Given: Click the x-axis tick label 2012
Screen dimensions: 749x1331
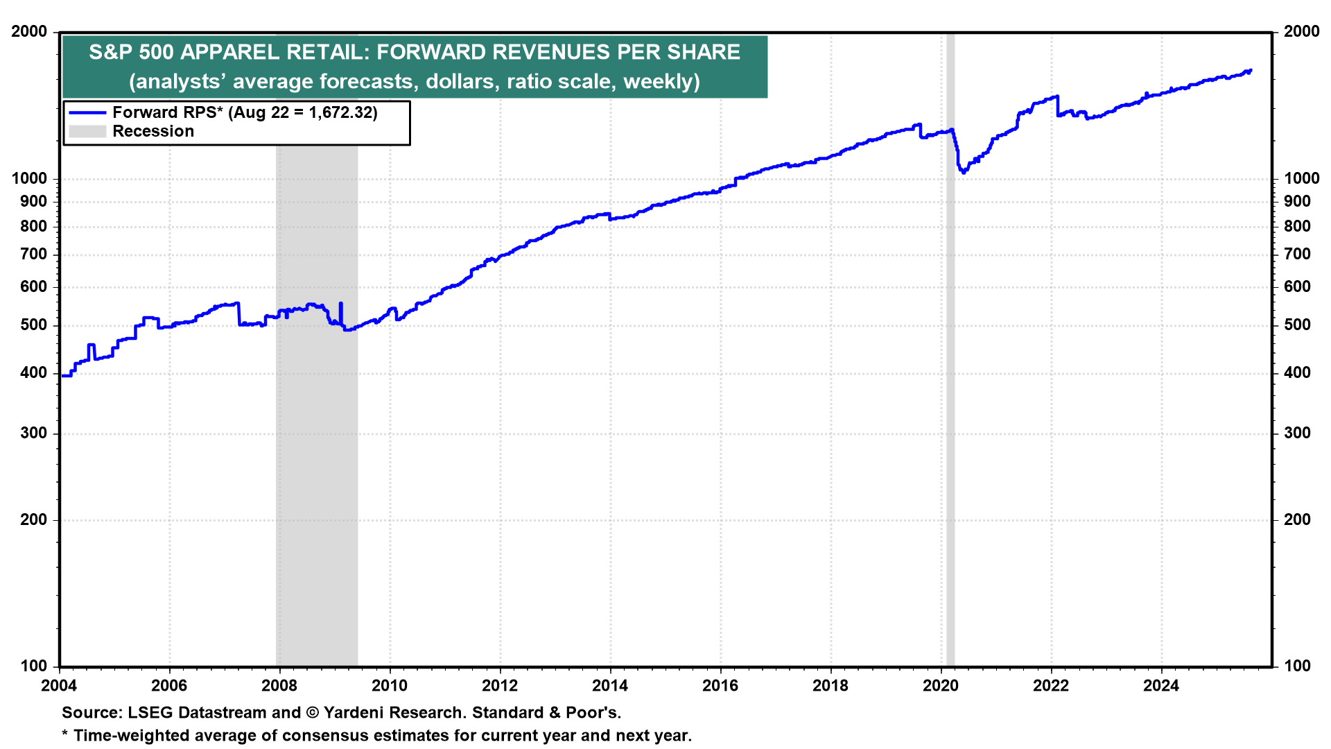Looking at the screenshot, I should click(x=500, y=686).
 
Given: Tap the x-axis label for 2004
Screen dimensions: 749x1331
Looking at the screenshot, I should click(x=59, y=686).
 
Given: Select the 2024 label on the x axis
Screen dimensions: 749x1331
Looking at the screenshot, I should click(x=1161, y=686).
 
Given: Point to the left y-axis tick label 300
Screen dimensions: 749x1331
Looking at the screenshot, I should click(x=34, y=433).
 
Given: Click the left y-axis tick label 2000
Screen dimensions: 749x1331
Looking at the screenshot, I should click(x=30, y=32).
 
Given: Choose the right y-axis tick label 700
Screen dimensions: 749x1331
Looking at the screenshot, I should click(x=1297, y=255).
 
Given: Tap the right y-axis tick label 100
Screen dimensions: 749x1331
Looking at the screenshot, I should click(x=1297, y=666).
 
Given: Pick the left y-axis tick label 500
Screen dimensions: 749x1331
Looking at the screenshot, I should click(x=34, y=325).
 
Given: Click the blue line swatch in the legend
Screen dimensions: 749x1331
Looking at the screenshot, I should click(x=87, y=112).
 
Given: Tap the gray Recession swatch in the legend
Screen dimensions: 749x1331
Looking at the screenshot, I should click(x=87, y=132).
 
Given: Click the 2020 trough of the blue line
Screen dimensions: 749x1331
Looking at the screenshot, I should click(x=964, y=172).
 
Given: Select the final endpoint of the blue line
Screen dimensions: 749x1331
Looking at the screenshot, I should click(x=1251, y=70).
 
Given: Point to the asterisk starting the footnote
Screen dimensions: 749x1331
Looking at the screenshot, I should click(x=65, y=734).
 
